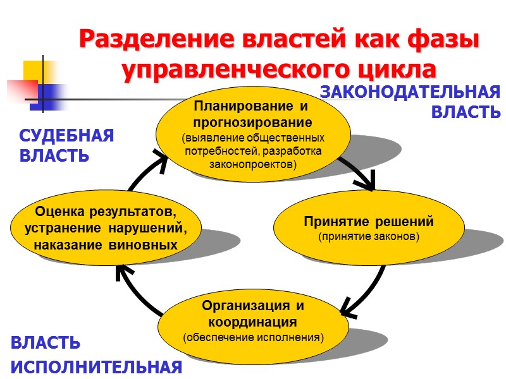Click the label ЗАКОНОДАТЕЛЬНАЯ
410,92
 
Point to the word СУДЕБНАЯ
66,136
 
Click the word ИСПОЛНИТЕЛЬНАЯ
97,367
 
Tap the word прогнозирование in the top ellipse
253,121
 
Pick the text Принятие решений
368,222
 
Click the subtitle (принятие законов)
368,237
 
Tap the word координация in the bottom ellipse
253,322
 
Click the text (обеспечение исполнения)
253,337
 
